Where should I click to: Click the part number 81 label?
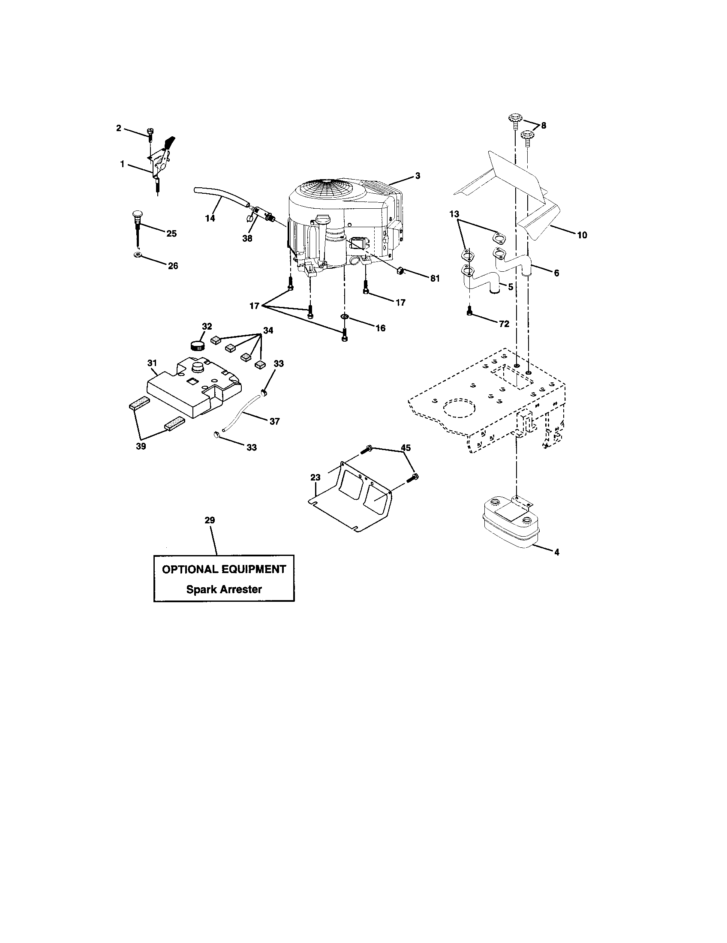(x=435, y=279)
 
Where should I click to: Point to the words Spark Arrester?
(x=224, y=589)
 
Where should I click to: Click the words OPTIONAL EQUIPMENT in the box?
(x=224, y=569)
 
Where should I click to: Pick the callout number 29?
(x=209, y=520)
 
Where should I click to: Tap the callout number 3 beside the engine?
(x=418, y=176)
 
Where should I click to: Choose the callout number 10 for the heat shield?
(x=582, y=235)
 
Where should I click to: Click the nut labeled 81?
(x=400, y=271)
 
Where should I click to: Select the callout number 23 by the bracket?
(x=315, y=478)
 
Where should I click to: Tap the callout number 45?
(x=406, y=448)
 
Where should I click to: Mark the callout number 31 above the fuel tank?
(x=152, y=363)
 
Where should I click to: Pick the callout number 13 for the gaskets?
(x=454, y=214)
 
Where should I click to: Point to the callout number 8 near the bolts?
(x=543, y=125)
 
